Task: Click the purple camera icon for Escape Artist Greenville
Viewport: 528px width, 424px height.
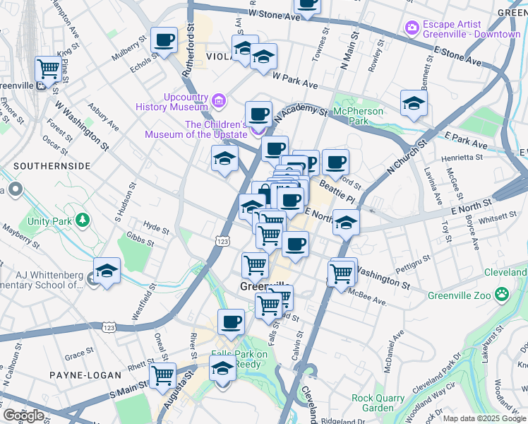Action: coord(412,28)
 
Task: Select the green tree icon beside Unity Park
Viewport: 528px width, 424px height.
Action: coord(83,220)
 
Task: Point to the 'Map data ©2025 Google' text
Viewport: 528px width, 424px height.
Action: coord(484,418)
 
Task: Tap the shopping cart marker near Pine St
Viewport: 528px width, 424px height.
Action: coord(48,69)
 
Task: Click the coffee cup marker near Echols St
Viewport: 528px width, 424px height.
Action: coord(165,40)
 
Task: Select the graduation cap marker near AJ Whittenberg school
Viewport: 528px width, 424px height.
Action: coord(107,271)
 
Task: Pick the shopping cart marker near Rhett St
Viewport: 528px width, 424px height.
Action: coord(163,375)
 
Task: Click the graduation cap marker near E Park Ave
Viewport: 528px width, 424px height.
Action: coord(414,103)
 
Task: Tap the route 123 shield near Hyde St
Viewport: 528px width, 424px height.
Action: coord(222,241)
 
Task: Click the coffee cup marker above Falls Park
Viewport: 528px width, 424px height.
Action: coord(231,322)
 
